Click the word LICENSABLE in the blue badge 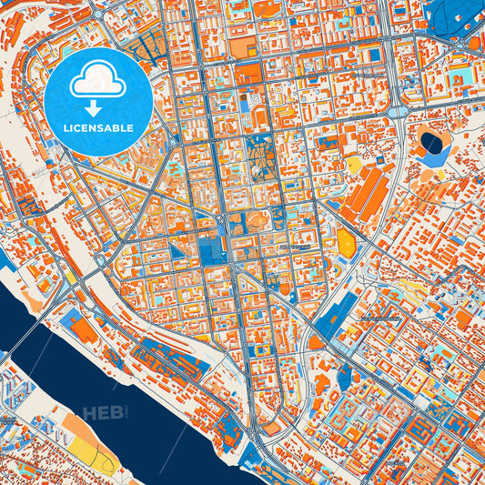click(97, 127)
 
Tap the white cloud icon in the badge click(97, 83)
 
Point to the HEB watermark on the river click(102, 414)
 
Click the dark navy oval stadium click(430, 142)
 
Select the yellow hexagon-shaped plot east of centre click(346, 241)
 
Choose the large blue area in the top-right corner click(455, 13)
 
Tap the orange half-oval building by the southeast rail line click(315, 342)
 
